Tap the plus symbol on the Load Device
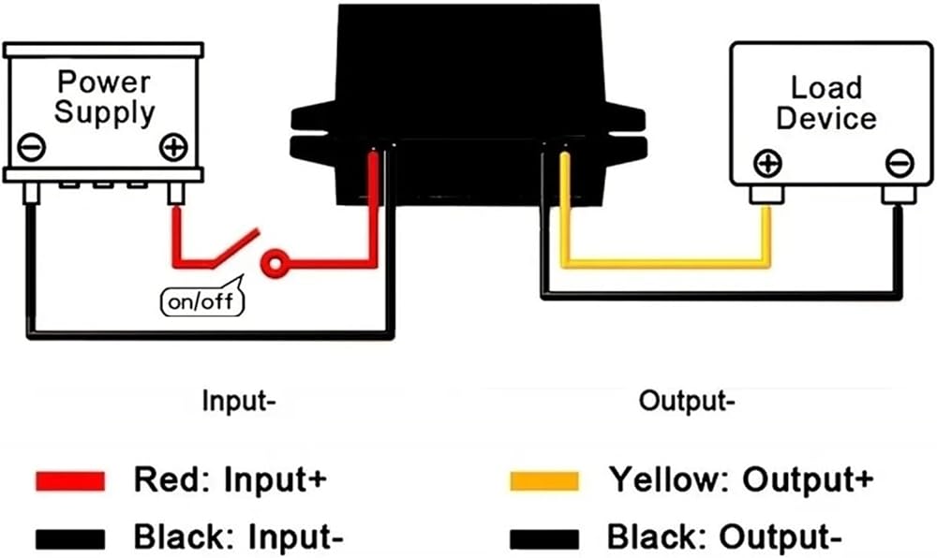(x=767, y=165)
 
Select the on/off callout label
(x=201, y=301)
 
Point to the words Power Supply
(x=103, y=96)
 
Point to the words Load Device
(x=825, y=103)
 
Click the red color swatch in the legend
(x=70, y=480)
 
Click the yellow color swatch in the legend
(x=544, y=480)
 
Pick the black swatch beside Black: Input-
(x=70, y=538)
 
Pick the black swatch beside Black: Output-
(x=544, y=538)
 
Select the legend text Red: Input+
(x=230, y=480)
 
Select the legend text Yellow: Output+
(x=742, y=480)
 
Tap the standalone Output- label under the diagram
(x=684, y=403)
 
